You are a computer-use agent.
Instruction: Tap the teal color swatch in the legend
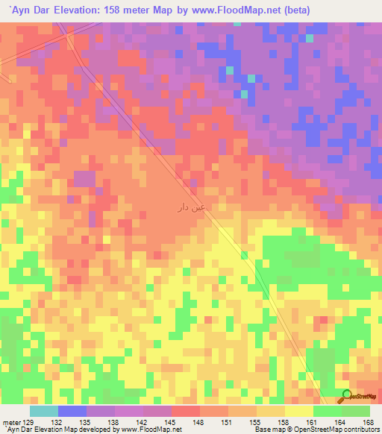point(44,411)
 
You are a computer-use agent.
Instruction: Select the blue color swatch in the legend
point(72,411)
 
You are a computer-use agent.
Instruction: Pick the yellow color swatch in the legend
point(298,411)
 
